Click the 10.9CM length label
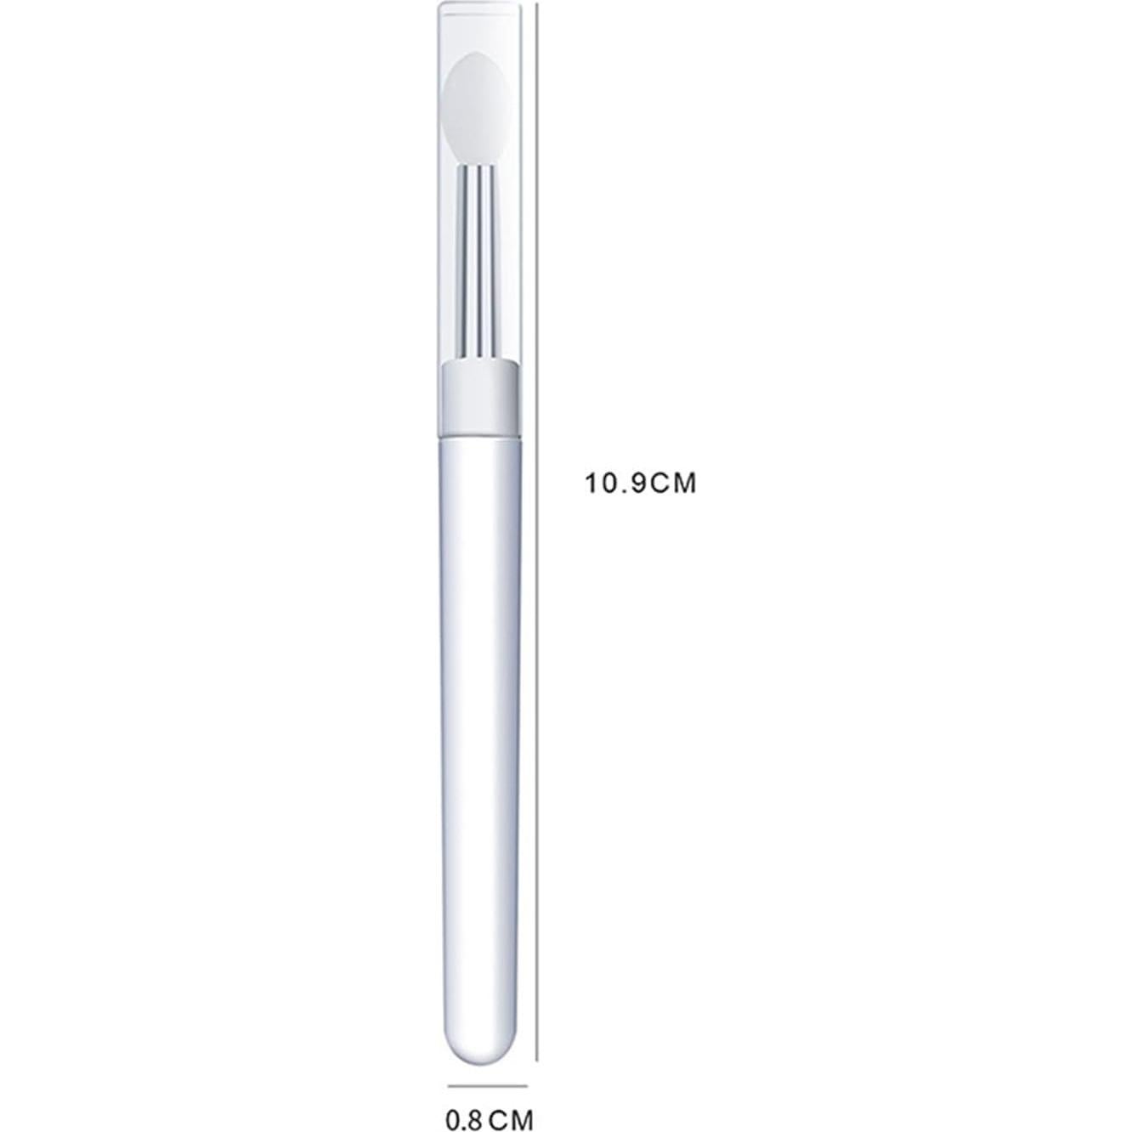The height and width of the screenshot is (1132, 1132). click(x=639, y=484)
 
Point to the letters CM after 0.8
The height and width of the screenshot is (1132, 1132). click(x=512, y=1113)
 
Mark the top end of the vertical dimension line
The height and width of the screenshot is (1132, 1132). click(x=537, y=3)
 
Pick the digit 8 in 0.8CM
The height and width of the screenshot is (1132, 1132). click(x=476, y=1113)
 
